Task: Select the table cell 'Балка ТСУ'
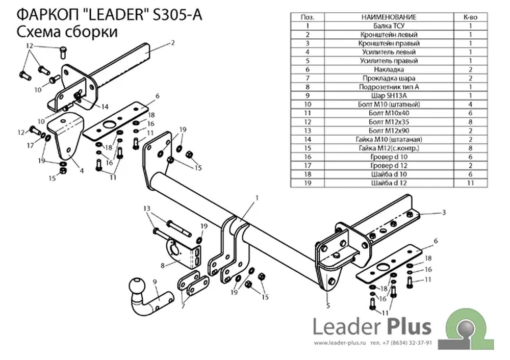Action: (x=389, y=26)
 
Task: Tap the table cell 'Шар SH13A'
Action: (x=389, y=96)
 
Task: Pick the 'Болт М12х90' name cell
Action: (x=389, y=131)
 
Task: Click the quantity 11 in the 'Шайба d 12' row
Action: (x=470, y=183)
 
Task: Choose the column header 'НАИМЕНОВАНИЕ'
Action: (x=389, y=17)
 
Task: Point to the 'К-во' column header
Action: (x=470, y=17)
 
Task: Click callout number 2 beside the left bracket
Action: (x=173, y=43)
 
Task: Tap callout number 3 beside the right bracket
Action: (x=444, y=212)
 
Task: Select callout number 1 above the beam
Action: (x=257, y=198)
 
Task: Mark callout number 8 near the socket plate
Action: (x=163, y=266)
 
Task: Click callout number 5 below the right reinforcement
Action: (x=328, y=305)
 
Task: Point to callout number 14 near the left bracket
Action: (x=105, y=107)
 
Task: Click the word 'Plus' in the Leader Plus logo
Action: (x=411, y=326)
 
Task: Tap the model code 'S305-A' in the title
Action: (x=177, y=15)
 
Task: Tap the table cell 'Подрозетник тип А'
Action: (x=389, y=87)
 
